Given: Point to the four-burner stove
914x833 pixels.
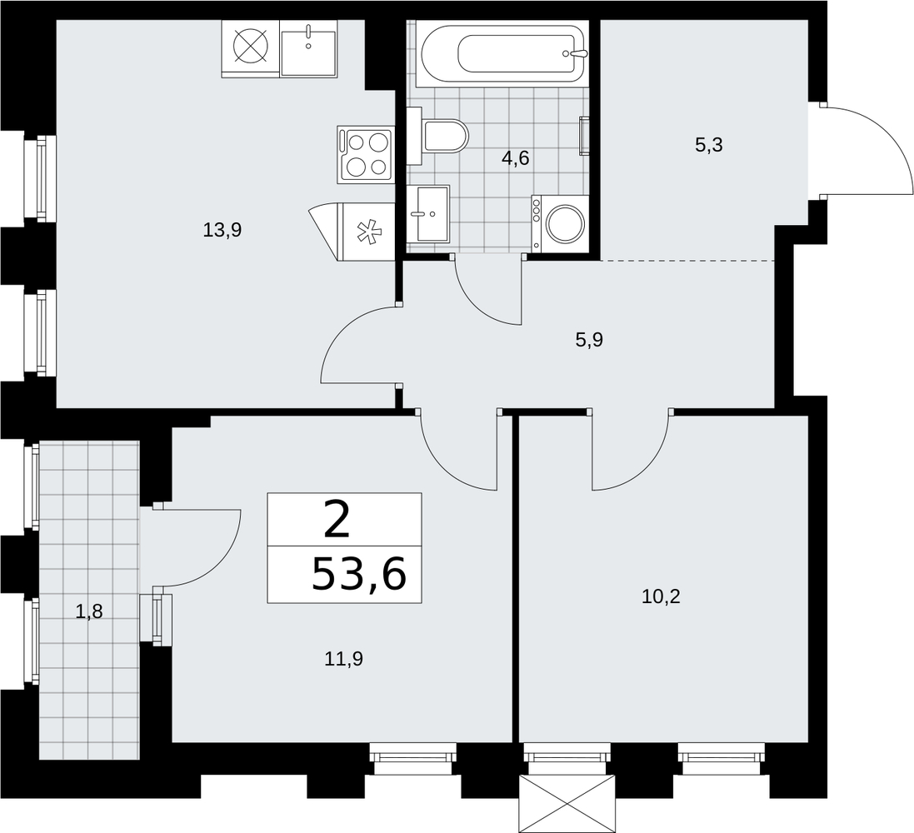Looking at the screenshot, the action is click(x=364, y=154).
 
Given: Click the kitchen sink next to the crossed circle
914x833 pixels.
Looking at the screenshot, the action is click(x=308, y=48).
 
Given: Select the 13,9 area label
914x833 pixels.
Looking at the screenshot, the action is click(x=222, y=230).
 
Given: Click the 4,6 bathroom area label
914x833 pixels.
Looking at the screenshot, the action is click(x=515, y=158).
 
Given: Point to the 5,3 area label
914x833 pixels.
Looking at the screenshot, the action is click(x=709, y=145).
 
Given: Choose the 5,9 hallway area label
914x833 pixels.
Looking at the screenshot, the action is click(x=589, y=340).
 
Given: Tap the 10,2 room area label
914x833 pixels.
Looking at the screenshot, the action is click(x=661, y=596).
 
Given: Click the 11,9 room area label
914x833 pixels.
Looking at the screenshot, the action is click(x=344, y=659).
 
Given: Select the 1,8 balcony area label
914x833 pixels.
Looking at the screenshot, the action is click(x=89, y=611).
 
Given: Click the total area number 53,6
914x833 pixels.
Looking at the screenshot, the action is click(x=358, y=574).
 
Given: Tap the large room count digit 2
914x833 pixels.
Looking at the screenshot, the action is click(x=337, y=521).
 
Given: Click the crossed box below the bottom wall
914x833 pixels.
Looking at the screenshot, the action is click(x=567, y=804).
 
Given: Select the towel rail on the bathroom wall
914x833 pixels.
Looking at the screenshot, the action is click(x=583, y=136).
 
